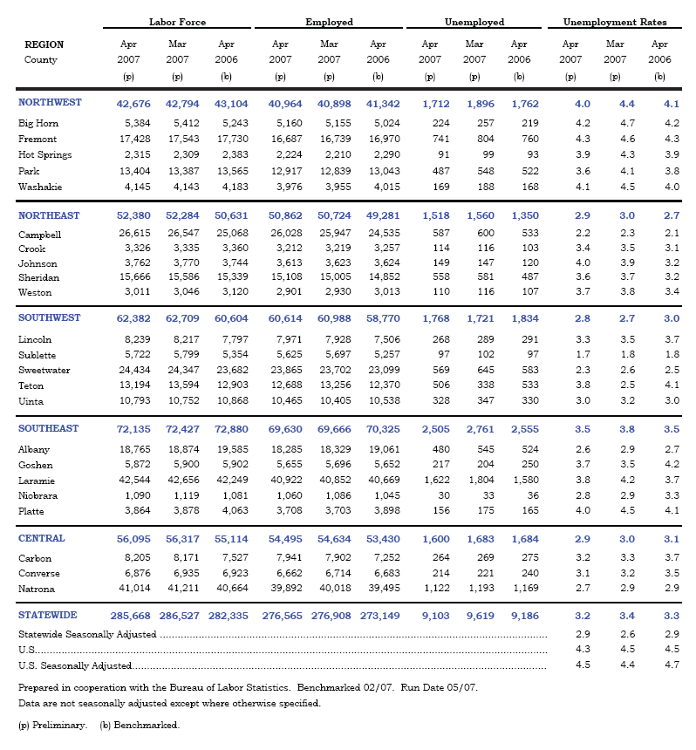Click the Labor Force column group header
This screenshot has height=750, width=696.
177,22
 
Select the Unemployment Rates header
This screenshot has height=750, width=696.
615,22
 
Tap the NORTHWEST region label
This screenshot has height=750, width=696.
50,102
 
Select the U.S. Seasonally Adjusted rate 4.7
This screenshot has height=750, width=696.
660,665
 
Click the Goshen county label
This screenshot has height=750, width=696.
36,465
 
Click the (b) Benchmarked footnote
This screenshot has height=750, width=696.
140,725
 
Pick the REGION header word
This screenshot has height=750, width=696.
44,44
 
